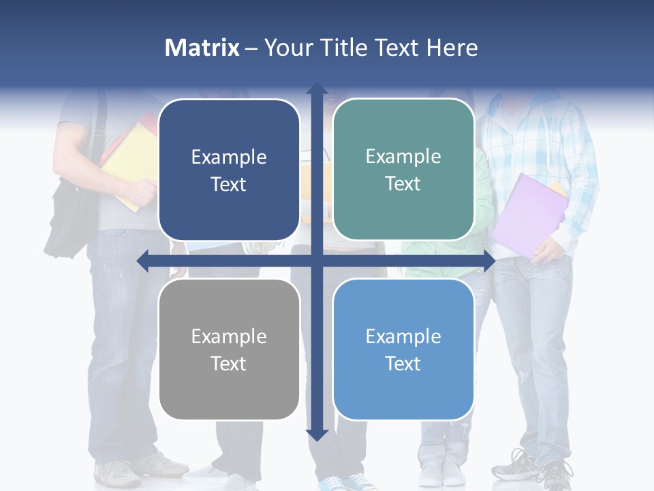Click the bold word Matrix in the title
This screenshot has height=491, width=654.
pos(202,48)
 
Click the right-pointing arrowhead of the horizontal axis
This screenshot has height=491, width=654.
pos(488,261)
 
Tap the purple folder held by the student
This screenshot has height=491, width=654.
pos(528,215)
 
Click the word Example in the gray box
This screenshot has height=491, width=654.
pos(229,336)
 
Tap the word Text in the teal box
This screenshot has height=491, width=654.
pos(403,183)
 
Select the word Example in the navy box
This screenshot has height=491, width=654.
pos(229,158)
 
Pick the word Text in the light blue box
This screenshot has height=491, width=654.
pos(403,363)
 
